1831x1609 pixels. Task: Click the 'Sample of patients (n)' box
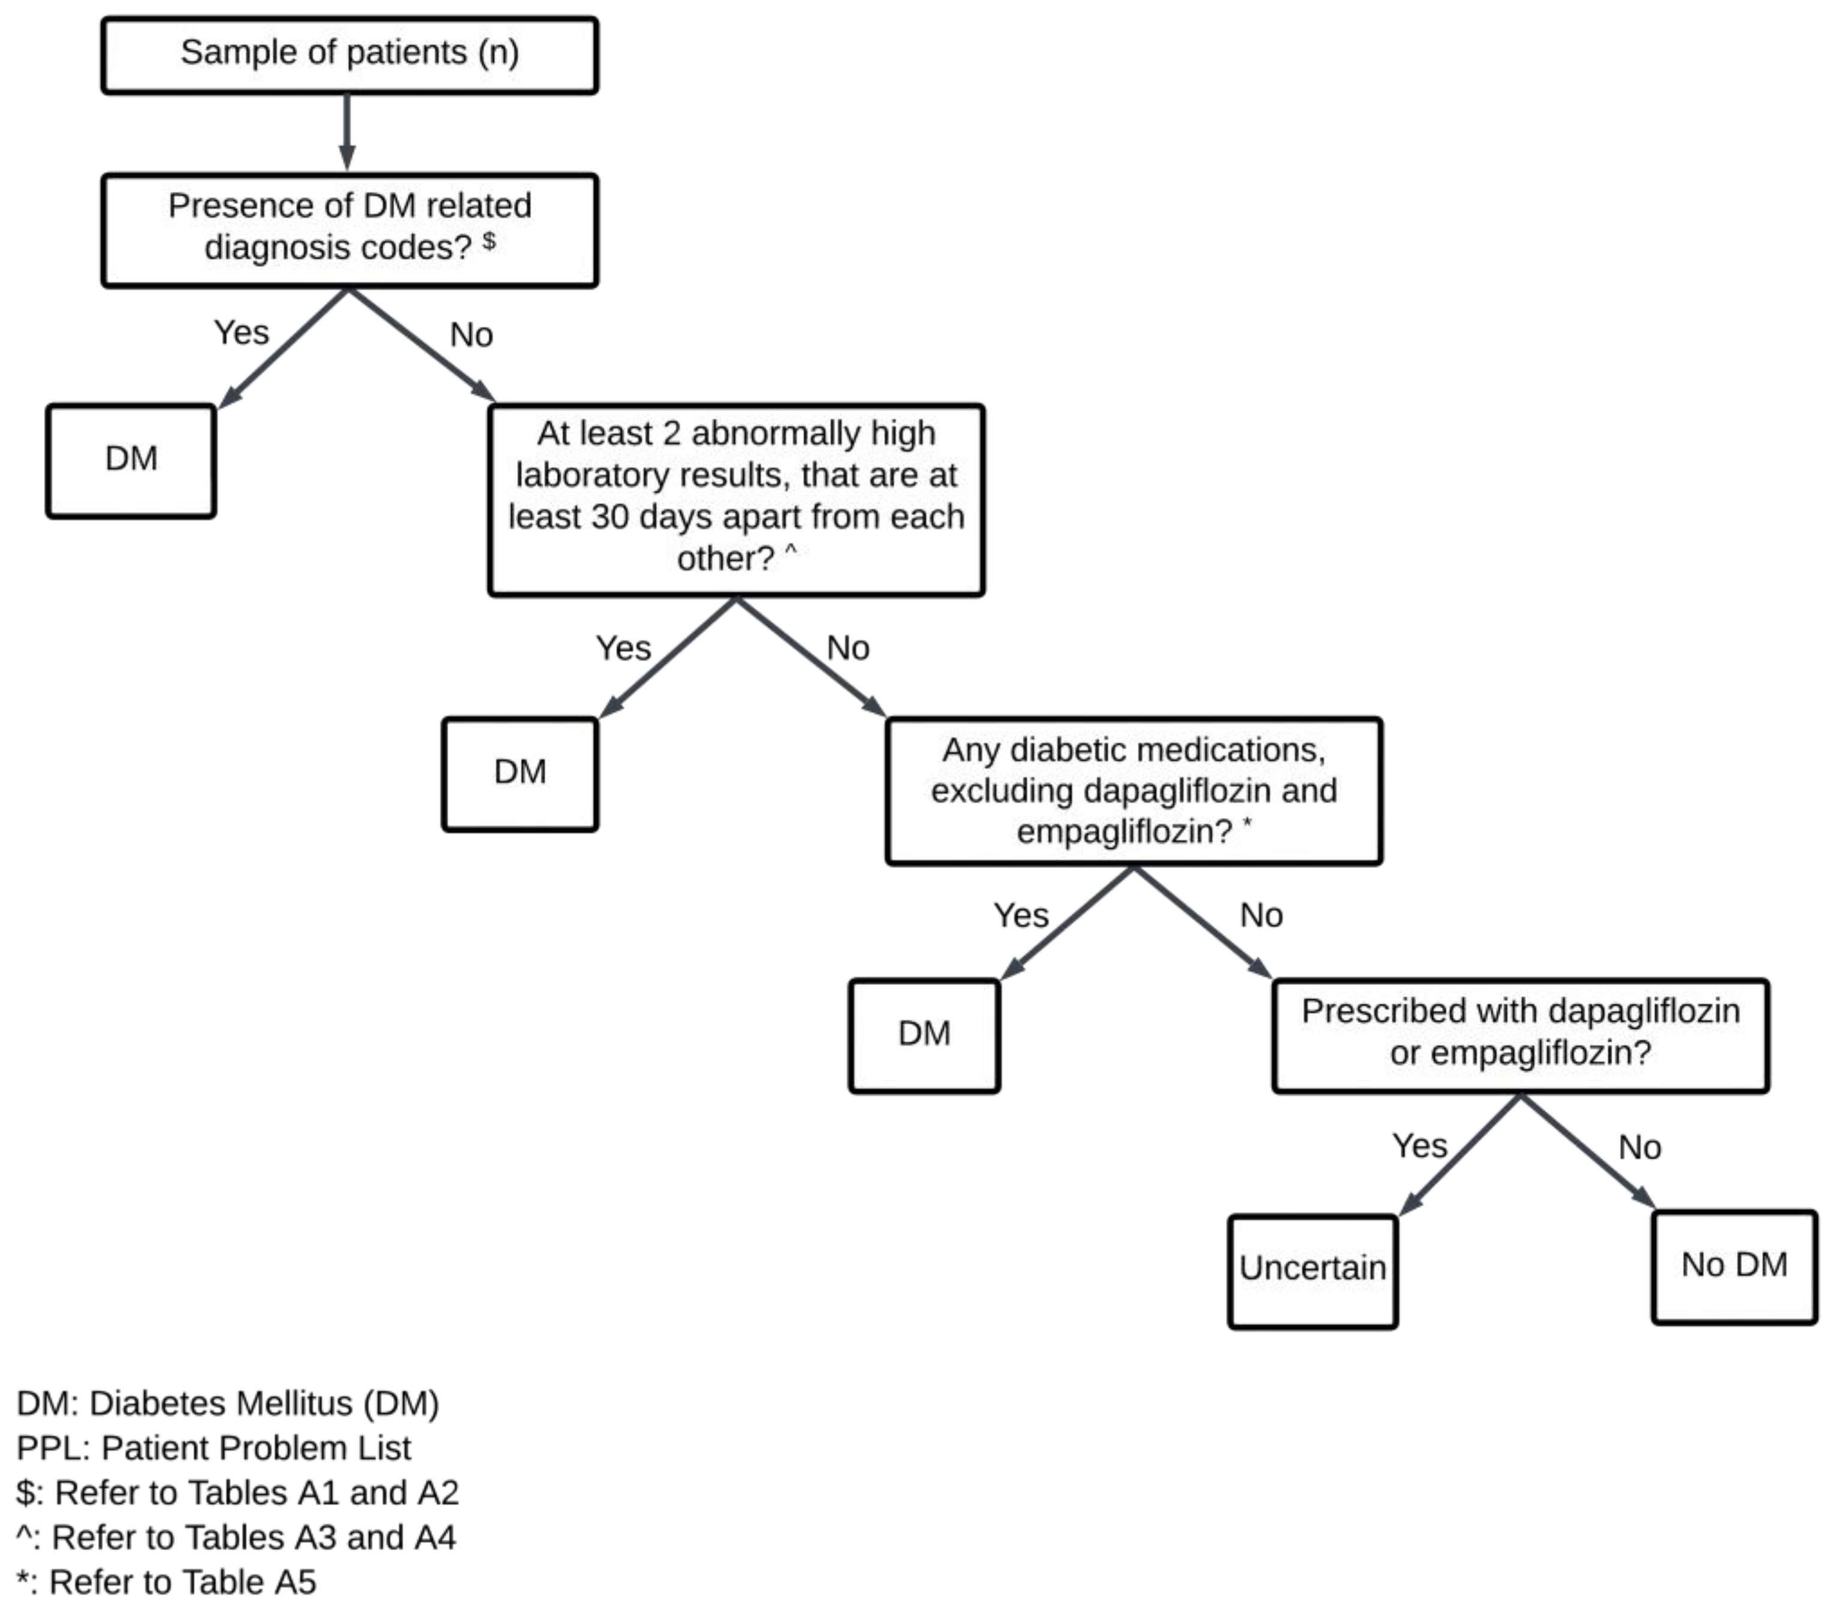click(349, 54)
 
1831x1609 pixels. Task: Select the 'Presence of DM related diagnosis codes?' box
click(349, 230)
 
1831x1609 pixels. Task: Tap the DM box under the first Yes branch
click(131, 460)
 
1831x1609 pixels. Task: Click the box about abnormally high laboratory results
click(735, 499)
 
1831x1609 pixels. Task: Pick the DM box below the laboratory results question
click(520, 773)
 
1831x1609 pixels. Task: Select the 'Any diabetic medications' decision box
click(1133, 790)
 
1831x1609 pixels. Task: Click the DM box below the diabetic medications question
click(924, 1035)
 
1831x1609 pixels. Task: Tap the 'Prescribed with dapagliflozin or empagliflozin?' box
click(1520, 1034)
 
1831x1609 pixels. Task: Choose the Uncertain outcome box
click(1313, 1270)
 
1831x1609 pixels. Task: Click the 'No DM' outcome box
click(1733, 1267)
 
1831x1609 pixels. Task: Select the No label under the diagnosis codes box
click(471, 335)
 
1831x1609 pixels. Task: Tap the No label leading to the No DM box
click(1639, 1147)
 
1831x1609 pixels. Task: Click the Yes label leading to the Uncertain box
click(1419, 1146)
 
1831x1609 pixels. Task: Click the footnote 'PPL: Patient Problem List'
click(213, 1448)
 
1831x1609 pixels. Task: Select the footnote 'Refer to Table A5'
click(167, 1582)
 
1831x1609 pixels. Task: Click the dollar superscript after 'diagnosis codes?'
click(489, 240)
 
